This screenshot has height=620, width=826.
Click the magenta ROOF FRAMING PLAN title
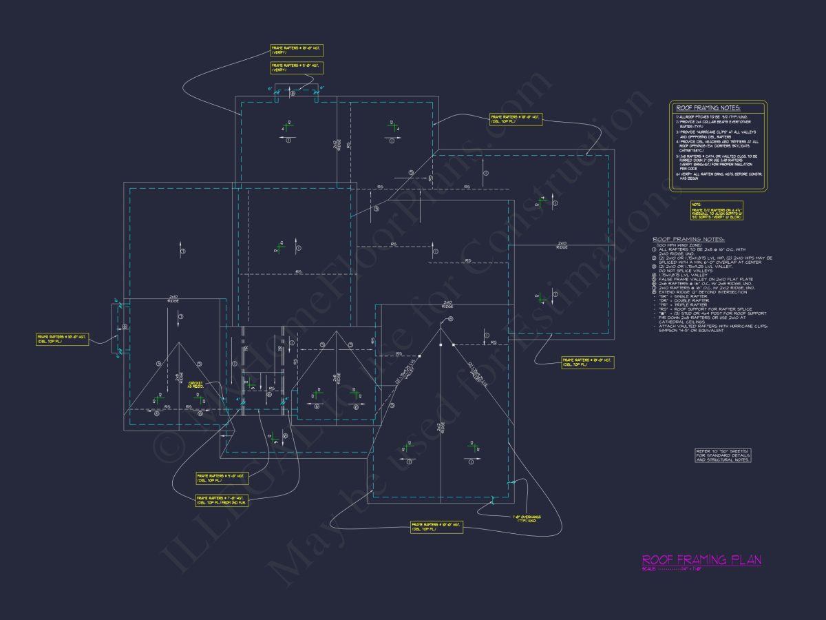coord(701,559)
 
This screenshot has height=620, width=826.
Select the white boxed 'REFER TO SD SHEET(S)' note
coord(723,455)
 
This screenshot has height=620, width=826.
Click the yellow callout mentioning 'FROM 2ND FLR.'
coord(222,499)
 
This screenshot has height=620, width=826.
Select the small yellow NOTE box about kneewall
coord(717,210)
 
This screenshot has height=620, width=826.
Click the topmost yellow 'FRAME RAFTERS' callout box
coord(297,50)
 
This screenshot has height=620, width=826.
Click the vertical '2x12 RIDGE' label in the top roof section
coord(335,145)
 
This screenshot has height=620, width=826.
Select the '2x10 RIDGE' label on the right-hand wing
coord(562,244)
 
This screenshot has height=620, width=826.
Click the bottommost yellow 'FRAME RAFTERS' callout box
coord(436,527)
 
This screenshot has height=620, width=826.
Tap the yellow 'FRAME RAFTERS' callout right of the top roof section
coord(516,120)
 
